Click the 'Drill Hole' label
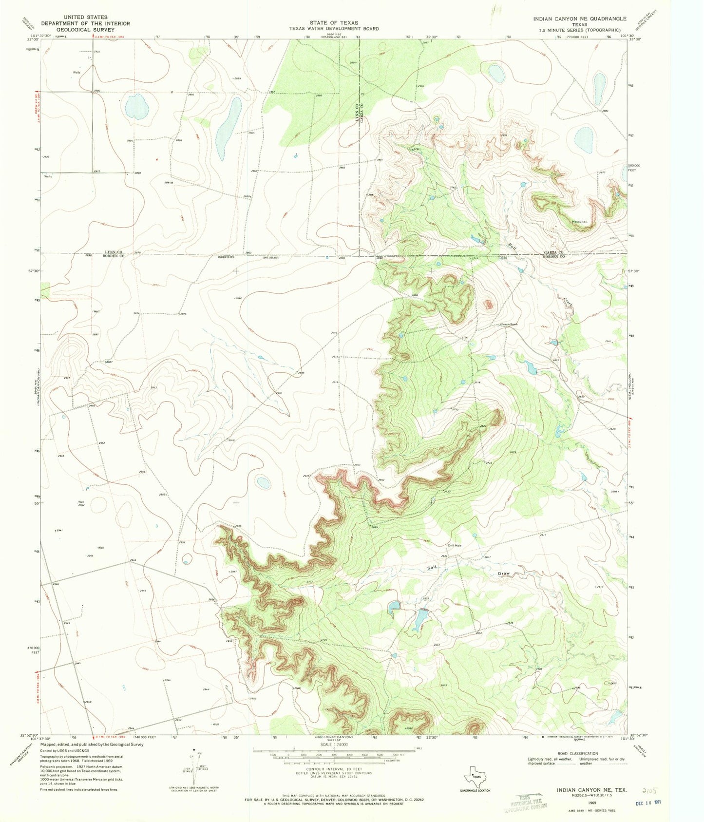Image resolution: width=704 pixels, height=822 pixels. coord(455,545)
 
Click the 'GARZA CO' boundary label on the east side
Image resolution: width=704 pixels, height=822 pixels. coord(553,252)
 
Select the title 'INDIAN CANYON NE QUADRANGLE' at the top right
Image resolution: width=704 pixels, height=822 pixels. coord(579,19)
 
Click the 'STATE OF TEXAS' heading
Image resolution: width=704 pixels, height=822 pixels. coord(334,23)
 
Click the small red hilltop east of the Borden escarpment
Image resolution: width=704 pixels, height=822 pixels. coord(488,305)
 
